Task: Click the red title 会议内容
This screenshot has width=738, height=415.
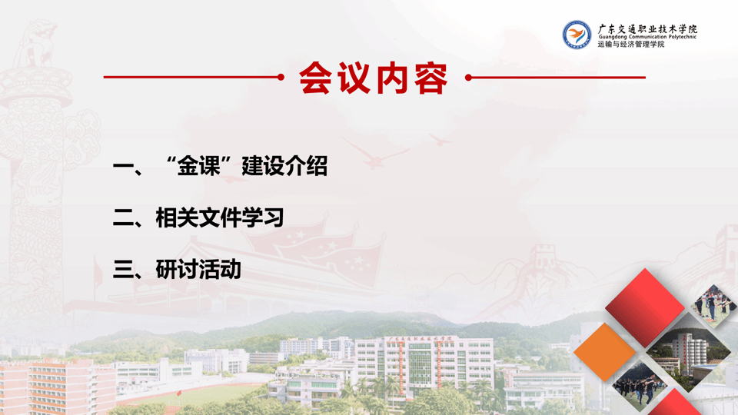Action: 373,78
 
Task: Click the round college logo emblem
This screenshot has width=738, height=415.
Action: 577,35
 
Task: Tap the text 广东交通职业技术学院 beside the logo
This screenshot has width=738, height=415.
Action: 647,28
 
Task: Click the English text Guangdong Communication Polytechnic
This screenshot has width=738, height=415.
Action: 647,37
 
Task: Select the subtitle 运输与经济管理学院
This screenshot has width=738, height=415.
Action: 631,45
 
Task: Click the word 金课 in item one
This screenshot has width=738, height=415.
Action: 198,166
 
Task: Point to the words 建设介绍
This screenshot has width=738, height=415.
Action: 284,166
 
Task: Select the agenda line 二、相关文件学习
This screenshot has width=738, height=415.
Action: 198,217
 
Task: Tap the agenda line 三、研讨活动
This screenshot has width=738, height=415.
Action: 177,270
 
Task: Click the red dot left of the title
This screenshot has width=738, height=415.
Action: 281,77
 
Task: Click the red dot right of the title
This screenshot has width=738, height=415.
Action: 468,78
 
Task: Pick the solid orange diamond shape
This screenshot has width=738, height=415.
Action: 604,352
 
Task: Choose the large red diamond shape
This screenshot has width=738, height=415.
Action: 644,307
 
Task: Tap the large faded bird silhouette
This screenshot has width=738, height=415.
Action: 375,152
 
